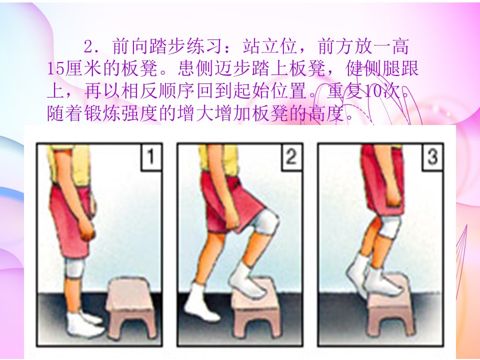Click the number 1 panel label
tap(151, 156)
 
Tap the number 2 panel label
tap(291, 156)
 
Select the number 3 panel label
tap(432, 156)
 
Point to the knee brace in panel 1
tap(74, 267)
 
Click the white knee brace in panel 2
tap(265, 221)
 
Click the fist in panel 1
tap(86, 230)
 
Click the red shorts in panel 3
tap(382, 180)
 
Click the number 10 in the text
tap(371, 91)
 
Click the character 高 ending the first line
tap(399, 46)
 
